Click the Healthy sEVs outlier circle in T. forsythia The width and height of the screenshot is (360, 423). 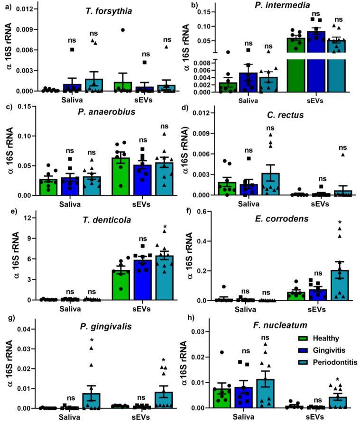point(122,30)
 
